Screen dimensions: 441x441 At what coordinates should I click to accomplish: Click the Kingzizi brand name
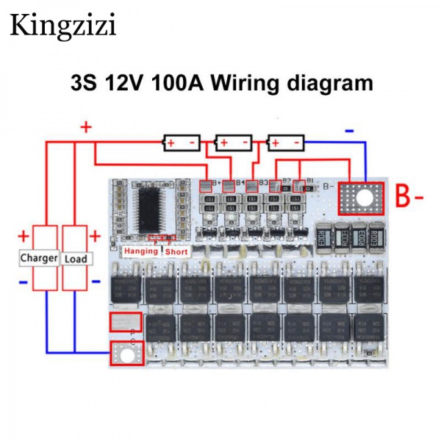[x=62, y=27]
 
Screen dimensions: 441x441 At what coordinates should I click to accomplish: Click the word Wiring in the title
[x=245, y=82]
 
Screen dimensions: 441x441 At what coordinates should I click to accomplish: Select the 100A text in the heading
[x=176, y=82]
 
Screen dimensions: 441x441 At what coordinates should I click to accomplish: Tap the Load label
[x=76, y=259]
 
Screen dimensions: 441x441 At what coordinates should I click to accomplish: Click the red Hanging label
[x=141, y=251]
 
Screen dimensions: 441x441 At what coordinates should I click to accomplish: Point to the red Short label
[x=176, y=251]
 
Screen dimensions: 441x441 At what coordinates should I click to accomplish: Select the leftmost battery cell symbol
[x=181, y=142]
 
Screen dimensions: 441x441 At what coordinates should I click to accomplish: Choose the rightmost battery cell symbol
[x=286, y=142]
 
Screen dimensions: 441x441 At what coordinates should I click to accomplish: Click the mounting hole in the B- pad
[x=361, y=196]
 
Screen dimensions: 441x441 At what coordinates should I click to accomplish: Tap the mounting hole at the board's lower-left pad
[x=126, y=356]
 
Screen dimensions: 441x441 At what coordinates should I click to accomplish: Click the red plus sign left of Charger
[x=23, y=237]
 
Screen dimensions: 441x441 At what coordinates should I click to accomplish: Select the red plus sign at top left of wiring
[x=86, y=126]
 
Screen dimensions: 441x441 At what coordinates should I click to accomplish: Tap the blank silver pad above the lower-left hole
[x=125, y=323]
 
